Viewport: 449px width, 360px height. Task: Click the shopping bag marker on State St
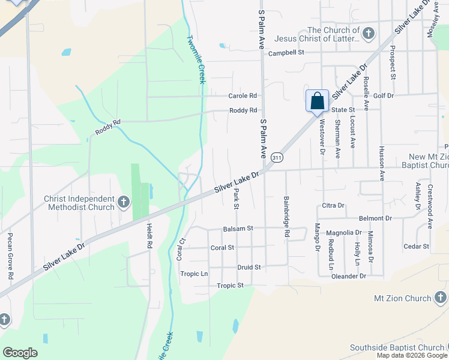coord(318,101)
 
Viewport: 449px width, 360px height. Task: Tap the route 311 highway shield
coord(277,157)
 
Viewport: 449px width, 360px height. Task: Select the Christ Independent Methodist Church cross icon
coord(124,202)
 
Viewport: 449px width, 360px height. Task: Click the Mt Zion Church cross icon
coord(440,298)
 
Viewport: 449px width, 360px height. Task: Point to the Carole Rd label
coord(243,96)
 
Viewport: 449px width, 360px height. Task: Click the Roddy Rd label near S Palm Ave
coord(243,110)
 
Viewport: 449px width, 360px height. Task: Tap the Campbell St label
coord(286,53)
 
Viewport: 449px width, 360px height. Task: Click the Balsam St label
coord(238,229)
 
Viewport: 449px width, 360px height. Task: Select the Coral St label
coord(222,247)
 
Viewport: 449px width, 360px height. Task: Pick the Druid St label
coord(249,267)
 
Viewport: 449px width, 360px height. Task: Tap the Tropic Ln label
coord(194,274)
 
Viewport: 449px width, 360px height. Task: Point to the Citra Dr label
coord(333,205)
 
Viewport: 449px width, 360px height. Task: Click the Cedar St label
coord(417,247)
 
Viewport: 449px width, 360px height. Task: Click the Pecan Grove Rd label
coord(10,256)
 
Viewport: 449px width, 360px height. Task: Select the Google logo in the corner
coord(20,353)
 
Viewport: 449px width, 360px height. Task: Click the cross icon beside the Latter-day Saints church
coord(369,34)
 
